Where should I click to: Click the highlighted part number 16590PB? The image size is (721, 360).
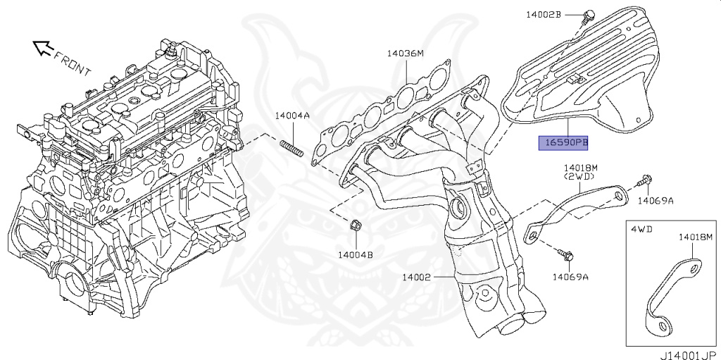click(x=563, y=143)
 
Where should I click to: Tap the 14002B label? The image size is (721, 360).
click(x=544, y=15)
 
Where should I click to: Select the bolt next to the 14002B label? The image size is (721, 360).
click(x=587, y=17)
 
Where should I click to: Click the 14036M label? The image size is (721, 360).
click(x=405, y=54)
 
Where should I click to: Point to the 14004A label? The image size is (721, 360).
click(x=292, y=116)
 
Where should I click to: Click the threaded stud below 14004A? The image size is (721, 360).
click(x=291, y=149)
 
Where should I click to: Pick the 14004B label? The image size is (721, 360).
click(x=356, y=254)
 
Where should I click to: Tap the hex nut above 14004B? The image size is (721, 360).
click(x=356, y=226)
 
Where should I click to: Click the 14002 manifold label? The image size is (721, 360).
click(x=416, y=277)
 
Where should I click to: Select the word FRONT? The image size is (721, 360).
click(x=73, y=63)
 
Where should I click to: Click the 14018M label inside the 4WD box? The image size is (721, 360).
click(x=695, y=237)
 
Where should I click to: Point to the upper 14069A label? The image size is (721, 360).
click(x=656, y=200)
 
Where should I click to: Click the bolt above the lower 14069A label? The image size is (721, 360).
click(x=565, y=254)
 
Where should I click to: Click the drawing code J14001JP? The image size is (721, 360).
click(x=689, y=355)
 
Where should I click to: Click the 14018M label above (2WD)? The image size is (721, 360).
click(x=580, y=168)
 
